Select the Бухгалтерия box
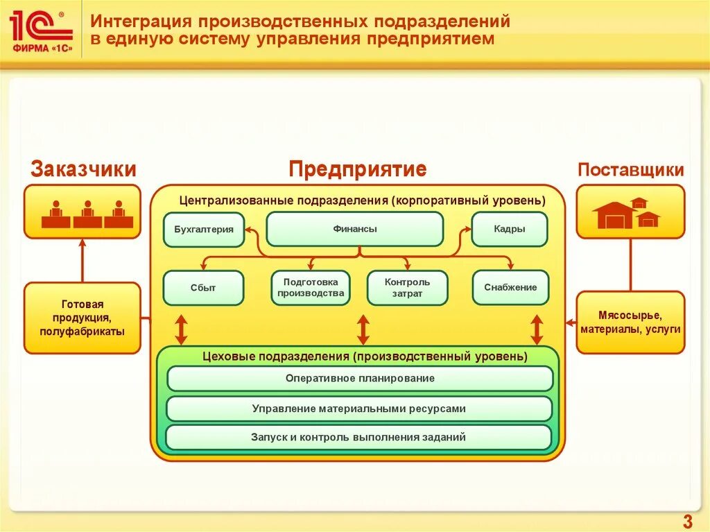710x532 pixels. point(204,230)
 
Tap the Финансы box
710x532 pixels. point(354,229)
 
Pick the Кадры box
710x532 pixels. point(509,229)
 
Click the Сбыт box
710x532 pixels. point(203,288)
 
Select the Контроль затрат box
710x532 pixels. point(407,288)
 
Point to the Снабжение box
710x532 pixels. point(510,288)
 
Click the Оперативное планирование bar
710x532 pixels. point(360,379)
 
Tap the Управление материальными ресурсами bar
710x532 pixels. point(359,409)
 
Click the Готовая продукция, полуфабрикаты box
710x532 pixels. point(83,318)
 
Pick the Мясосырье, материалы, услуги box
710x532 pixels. point(630,323)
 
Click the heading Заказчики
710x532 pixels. point(83,169)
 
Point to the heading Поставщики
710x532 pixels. point(631,170)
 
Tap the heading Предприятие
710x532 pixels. point(357,169)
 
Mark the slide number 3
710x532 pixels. point(687,522)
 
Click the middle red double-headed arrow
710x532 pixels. point(363,329)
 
